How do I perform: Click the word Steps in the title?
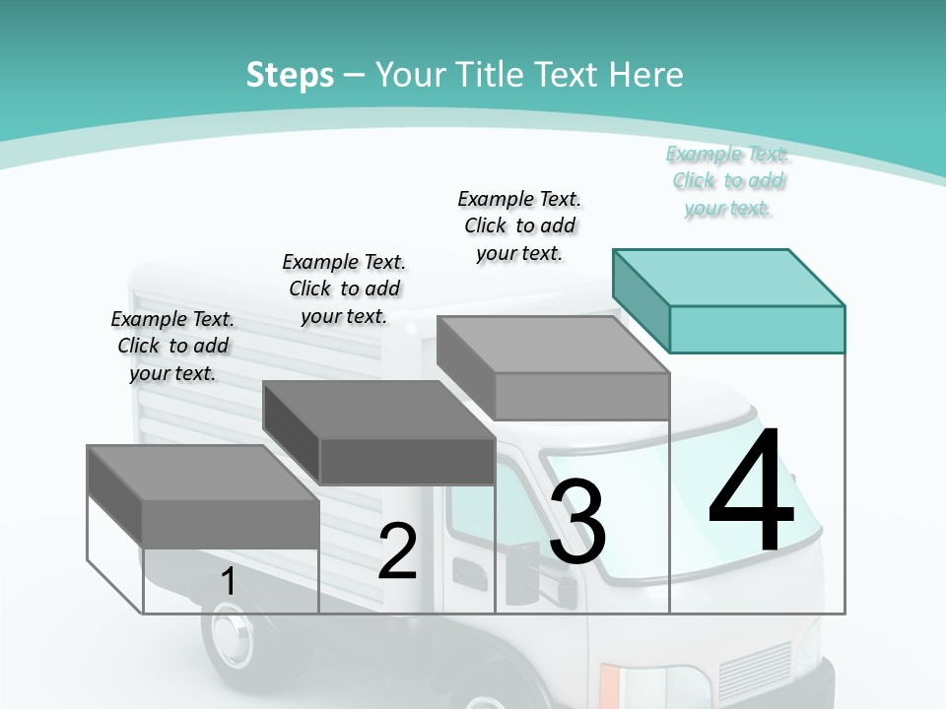(x=290, y=75)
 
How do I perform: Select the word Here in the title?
(x=646, y=75)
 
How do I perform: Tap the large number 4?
(x=751, y=492)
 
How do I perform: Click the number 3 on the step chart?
(x=577, y=522)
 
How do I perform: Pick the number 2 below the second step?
(x=397, y=551)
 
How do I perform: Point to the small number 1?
(x=228, y=582)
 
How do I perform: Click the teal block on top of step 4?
(x=757, y=328)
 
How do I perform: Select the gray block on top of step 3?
(x=581, y=396)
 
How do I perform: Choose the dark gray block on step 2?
(x=406, y=460)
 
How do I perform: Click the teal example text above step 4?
(x=728, y=180)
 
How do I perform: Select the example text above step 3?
(x=519, y=226)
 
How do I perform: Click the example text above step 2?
(x=344, y=289)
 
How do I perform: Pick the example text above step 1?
(x=172, y=346)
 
